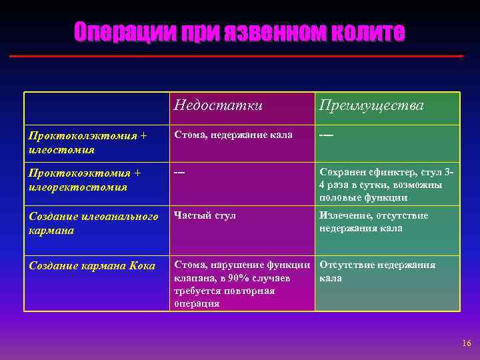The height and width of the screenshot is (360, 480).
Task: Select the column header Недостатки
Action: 218,105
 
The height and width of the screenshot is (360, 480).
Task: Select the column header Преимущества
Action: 371,106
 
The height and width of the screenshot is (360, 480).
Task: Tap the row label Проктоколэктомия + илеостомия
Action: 87,143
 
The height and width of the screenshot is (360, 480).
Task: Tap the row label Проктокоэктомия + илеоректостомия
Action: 85,180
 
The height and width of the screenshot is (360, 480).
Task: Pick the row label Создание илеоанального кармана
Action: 93,223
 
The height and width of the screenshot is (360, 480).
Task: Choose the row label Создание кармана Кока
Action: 91,265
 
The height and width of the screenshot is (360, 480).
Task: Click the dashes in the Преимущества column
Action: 327,135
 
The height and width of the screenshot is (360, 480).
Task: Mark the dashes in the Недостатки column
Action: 179,173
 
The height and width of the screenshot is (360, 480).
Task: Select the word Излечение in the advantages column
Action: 345,216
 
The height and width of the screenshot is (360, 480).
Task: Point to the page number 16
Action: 465,343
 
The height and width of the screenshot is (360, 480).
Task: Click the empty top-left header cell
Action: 97,108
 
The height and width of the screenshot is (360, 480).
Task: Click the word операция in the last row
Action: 197,303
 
